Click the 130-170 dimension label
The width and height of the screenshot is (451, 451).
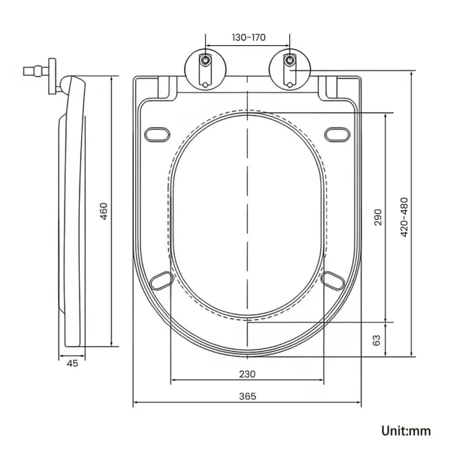[x=247, y=37]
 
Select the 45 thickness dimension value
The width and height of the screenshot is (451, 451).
[x=73, y=362]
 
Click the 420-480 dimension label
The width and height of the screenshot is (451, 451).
[x=405, y=217]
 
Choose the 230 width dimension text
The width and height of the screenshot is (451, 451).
[x=248, y=374]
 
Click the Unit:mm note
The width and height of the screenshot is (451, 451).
[x=406, y=431]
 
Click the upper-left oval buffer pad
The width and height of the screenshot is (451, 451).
[x=157, y=133]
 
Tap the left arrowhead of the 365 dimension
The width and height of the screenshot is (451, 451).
[x=135, y=403]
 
